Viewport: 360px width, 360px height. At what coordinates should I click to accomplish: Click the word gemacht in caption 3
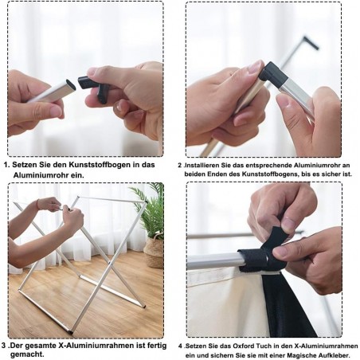click(26, 354)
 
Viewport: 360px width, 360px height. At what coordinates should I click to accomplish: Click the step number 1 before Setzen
click(6, 165)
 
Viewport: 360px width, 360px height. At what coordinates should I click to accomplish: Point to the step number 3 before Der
click(3, 346)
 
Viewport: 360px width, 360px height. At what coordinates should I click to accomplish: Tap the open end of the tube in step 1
click(71, 84)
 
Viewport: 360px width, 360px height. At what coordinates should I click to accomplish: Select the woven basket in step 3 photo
click(153, 250)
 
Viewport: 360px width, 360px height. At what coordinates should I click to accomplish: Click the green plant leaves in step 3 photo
click(150, 209)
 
